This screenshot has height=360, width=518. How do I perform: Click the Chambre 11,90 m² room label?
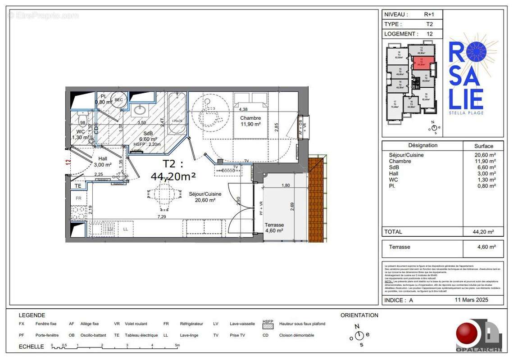pos(250,121)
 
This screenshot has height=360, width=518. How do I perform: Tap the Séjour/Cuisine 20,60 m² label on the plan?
pos(205,197)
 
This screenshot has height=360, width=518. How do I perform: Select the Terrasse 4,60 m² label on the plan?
pos(273,227)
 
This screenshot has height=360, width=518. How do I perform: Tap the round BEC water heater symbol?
pos(118,100)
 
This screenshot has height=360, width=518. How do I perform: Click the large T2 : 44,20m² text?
pos(179,170)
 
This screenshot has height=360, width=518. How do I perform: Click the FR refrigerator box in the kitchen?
pos(78,198)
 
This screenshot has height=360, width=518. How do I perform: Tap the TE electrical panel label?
pos(77,185)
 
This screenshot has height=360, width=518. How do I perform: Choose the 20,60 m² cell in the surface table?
pos(483,155)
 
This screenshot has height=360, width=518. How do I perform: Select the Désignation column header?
pos(423,145)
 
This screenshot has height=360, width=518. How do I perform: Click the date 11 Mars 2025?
pos(471,300)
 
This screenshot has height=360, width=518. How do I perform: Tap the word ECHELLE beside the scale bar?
pos(31,346)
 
